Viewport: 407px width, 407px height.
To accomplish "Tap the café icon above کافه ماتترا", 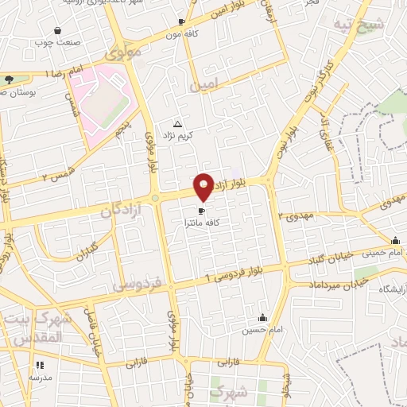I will [x=201, y=211].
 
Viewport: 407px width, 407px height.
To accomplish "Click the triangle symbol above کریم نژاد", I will [x=177, y=125].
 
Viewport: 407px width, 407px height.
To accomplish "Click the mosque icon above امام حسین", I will [x=263, y=318].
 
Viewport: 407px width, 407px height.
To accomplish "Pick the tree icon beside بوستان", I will [x=9, y=79].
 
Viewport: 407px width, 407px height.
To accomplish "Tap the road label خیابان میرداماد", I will [x=322, y=284].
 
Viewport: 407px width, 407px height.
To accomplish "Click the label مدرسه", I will [x=40, y=378].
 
